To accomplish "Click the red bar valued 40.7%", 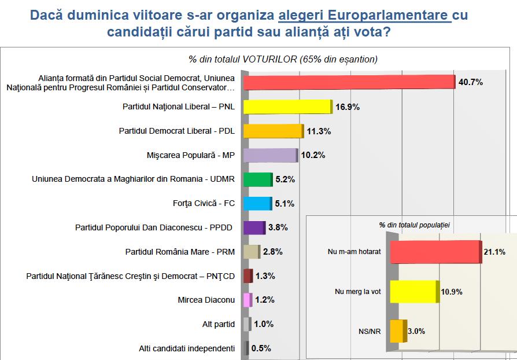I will tap(349, 82).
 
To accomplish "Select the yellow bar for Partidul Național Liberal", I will tap(287, 106).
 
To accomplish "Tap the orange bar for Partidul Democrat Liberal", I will tap(272, 131).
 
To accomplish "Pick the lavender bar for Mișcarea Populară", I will tap(269, 155).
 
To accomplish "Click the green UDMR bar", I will tap(257, 179).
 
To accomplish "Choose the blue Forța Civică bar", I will tap(257, 203).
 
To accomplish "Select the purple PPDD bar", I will tap(253, 227).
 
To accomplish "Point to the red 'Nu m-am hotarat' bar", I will tap(435, 252).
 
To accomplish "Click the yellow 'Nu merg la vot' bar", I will tap(413, 291).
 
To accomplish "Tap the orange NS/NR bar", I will tap(397, 331).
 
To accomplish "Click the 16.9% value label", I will tap(348, 106).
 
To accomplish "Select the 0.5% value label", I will tap(261, 348).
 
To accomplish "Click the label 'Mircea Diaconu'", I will tap(206, 300).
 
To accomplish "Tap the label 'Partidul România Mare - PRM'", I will tap(180, 252).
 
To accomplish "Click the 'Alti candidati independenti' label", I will tap(186, 348).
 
